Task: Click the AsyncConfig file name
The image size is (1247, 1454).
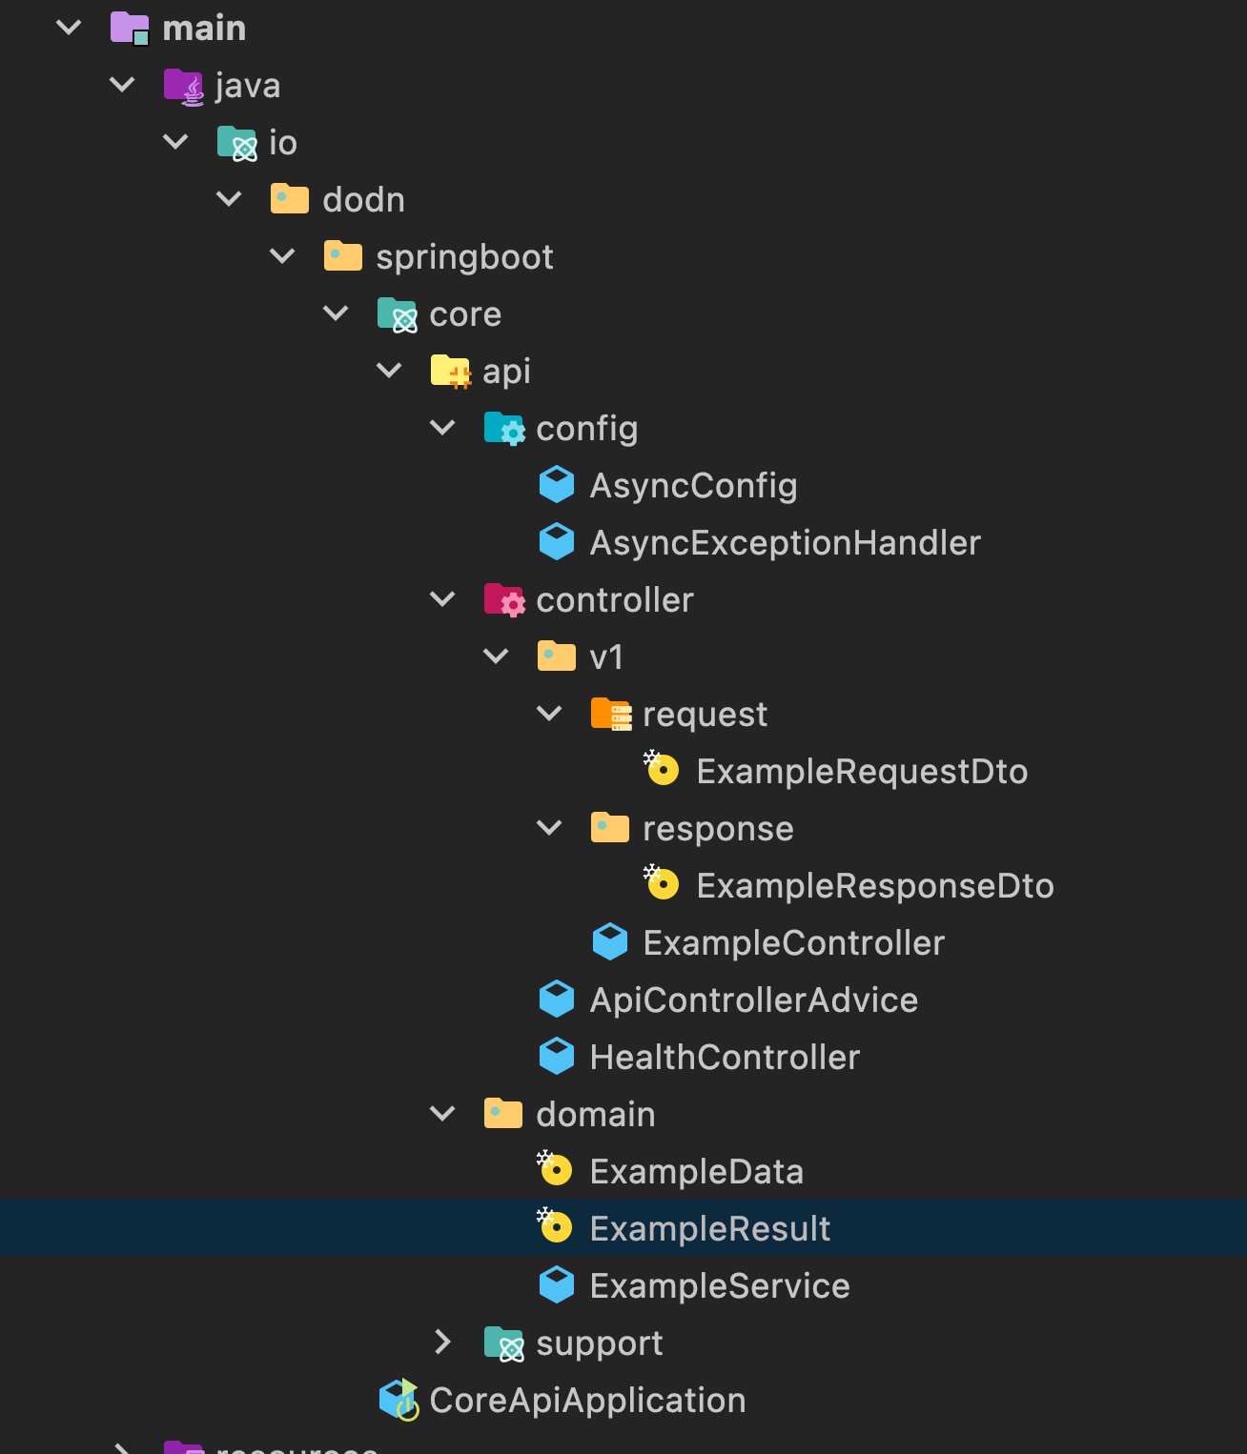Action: tap(693, 486)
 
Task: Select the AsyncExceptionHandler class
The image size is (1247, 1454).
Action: tap(785, 543)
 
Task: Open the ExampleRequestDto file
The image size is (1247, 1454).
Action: tap(862, 772)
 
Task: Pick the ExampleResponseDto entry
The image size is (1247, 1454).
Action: tap(874, 886)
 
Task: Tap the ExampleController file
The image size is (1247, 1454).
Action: tap(793, 943)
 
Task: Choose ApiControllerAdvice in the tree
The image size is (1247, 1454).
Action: tap(753, 1000)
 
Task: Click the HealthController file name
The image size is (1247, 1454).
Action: tap(725, 1058)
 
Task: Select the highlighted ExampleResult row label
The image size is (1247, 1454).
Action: tap(709, 1229)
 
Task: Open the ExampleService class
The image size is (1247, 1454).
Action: tap(719, 1286)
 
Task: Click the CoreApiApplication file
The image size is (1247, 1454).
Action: tap(587, 1401)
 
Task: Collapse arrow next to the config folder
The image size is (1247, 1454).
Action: tap(442, 428)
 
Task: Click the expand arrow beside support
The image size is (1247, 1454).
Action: tap(442, 1343)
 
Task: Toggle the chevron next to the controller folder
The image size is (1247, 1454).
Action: tap(442, 599)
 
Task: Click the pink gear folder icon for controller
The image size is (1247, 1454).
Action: tap(503, 599)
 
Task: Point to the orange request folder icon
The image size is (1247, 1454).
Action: tap(610, 714)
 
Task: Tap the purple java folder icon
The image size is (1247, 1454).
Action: tap(183, 86)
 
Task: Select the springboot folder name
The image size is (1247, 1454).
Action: tap(464, 257)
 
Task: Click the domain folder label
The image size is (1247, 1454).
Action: tap(595, 1115)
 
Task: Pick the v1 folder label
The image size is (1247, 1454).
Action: tap(606, 657)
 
